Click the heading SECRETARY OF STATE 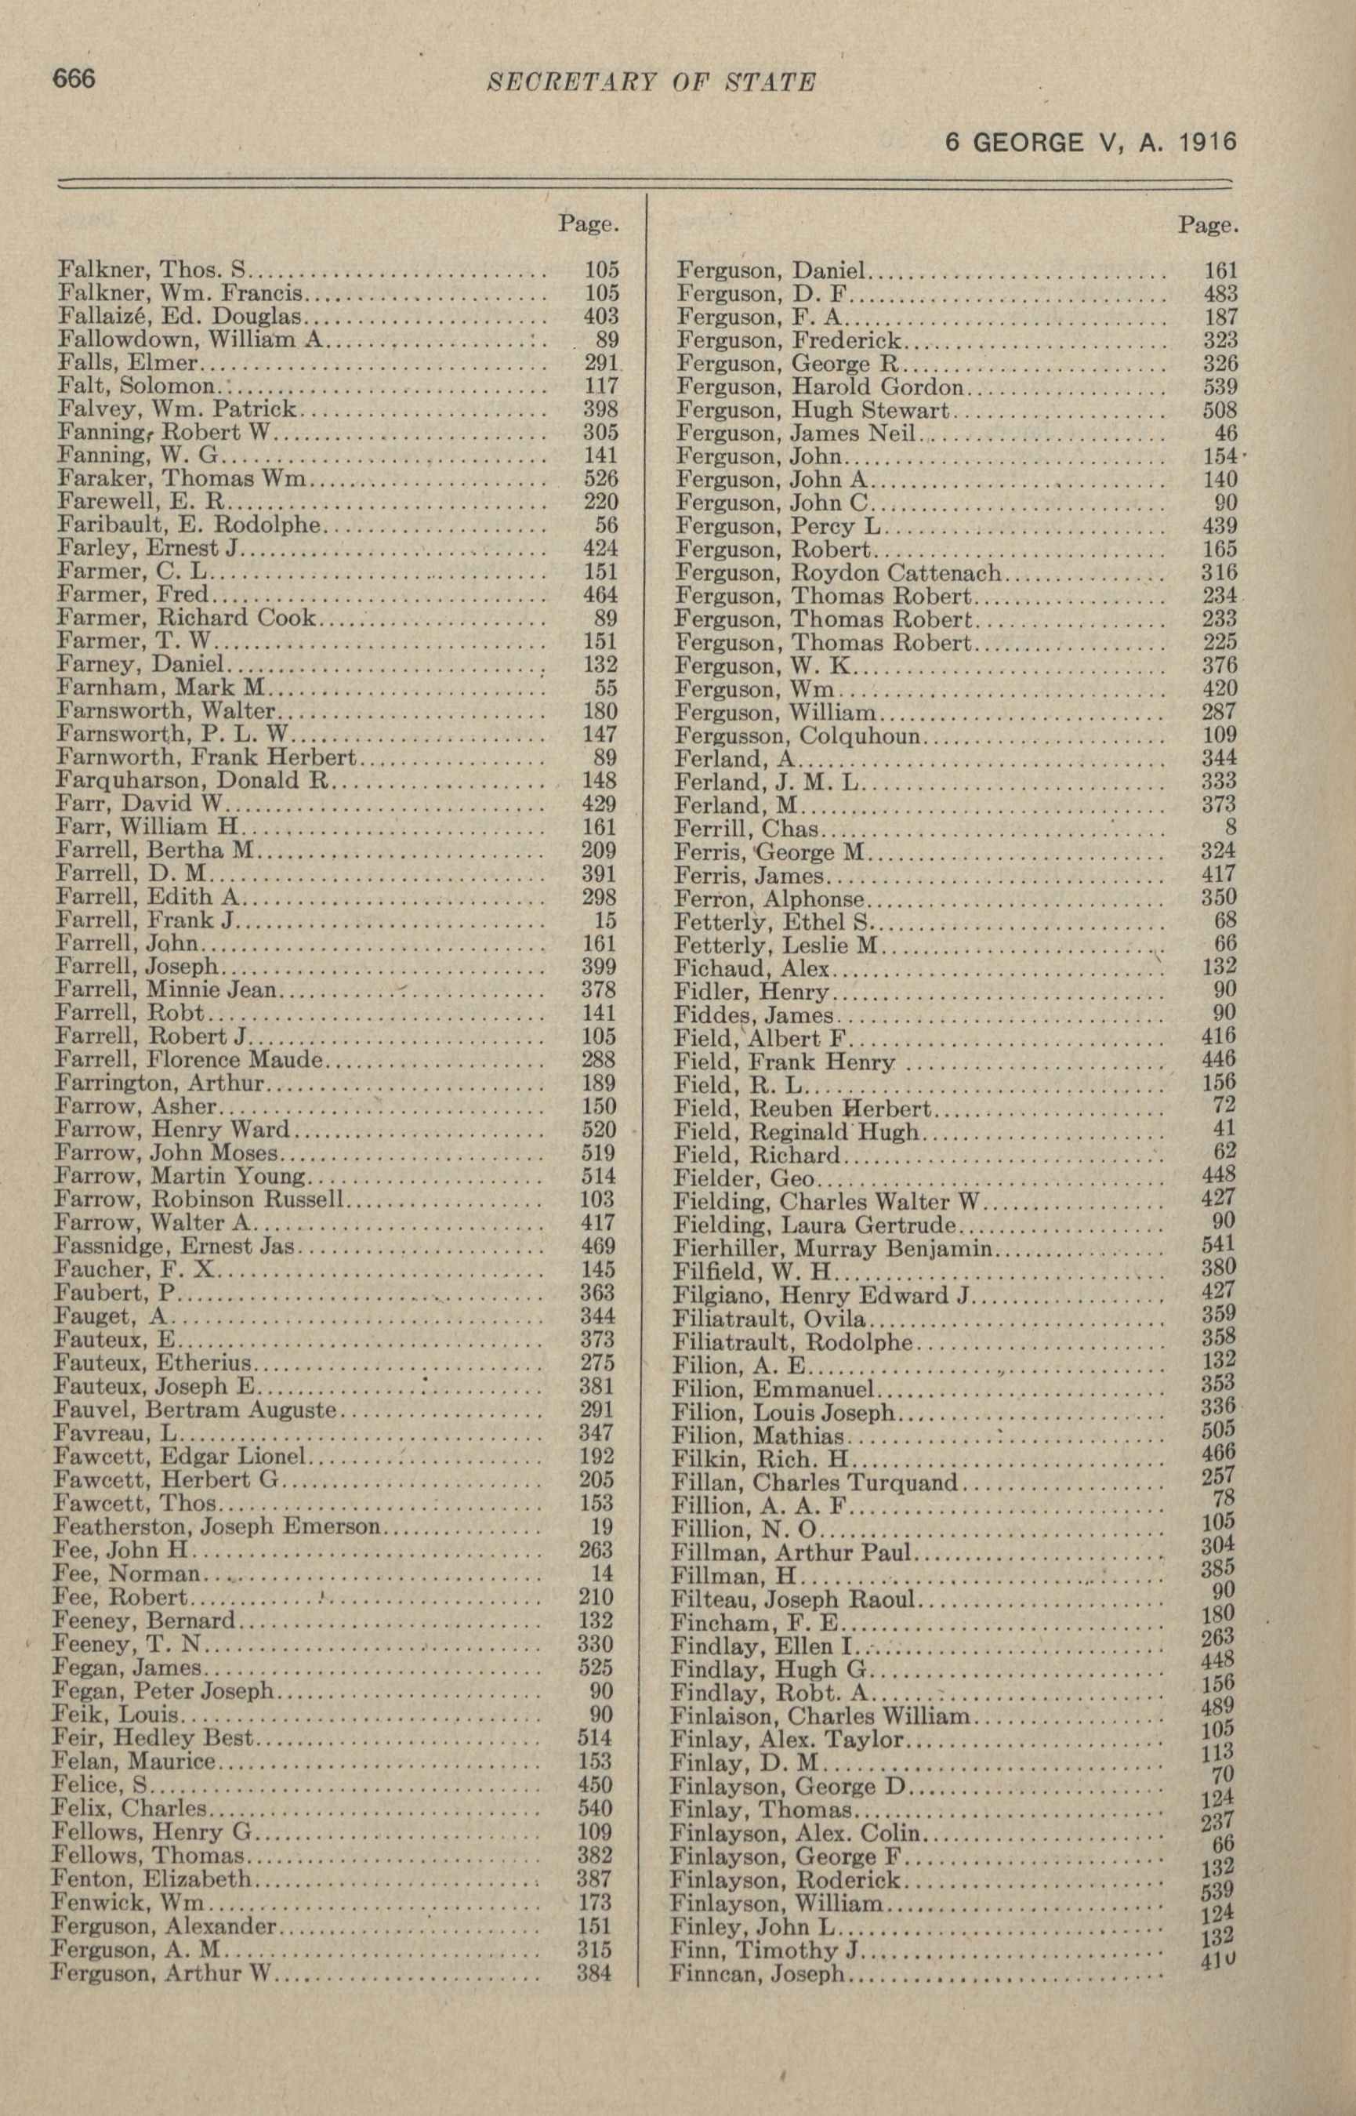click(651, 83)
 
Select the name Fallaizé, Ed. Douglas click(179, 315)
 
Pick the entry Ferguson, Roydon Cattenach click(837, 572)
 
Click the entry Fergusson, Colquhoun click(798, 735)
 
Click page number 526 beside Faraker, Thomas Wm click(601, 478)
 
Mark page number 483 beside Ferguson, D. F click(1220, 293)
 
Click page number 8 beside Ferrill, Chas click(1230, 827)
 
